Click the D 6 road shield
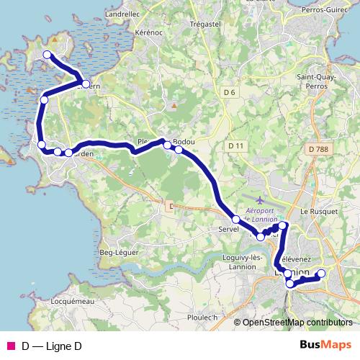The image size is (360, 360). pos(230,92)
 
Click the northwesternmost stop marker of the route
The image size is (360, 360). pos(48,55)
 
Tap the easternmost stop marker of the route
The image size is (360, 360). pos(321,273)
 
